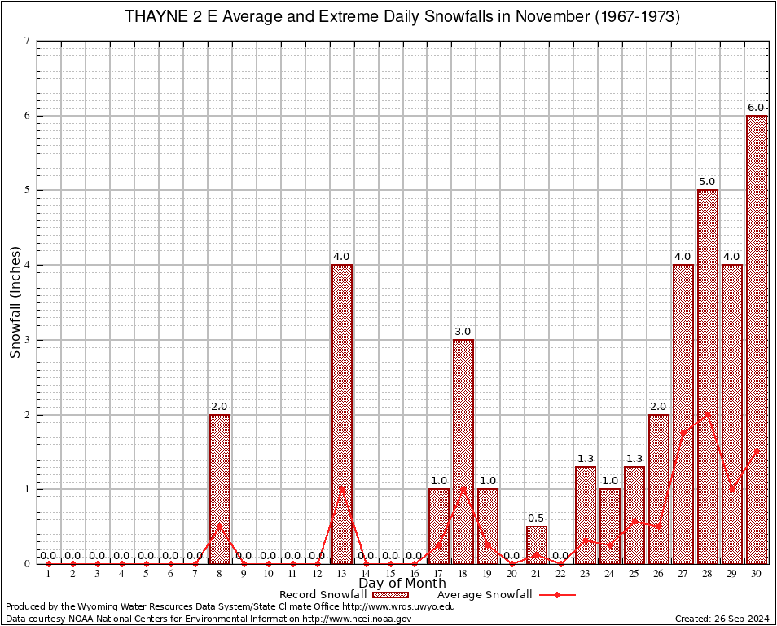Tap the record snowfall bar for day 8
[219, 489]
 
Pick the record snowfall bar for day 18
[463, 452]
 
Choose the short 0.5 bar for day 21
[536, 545]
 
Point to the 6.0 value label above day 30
[756, 108]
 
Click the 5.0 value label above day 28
[707, 182]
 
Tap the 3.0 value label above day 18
[463, 332]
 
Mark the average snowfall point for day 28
[707, 414]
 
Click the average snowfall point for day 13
[341, 489]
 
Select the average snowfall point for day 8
[219, 526]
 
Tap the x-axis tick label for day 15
[390, 574]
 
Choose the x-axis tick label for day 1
[49, 574]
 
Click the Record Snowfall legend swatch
[389, 595]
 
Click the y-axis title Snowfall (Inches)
[15, 302]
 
